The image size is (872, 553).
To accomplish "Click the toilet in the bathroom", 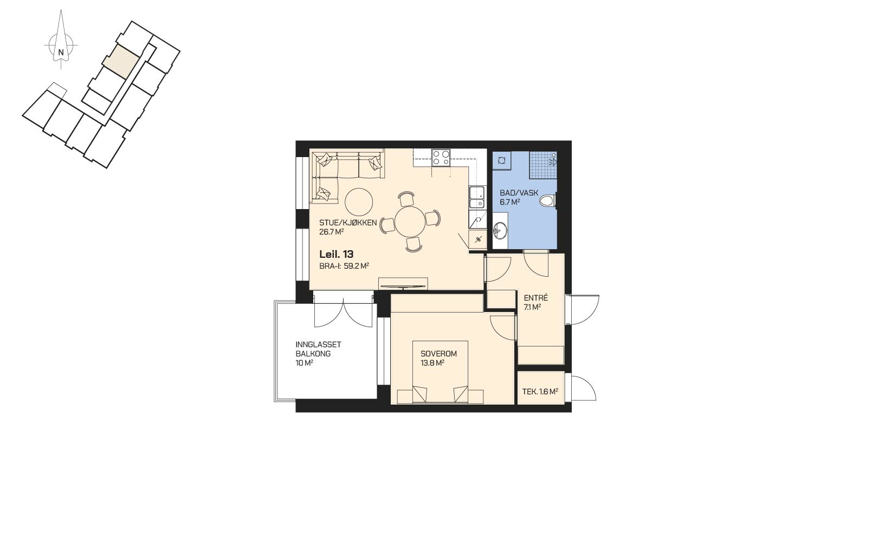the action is click(548, 201).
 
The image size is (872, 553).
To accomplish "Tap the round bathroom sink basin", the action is click(501, 230).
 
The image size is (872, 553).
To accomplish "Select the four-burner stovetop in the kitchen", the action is click(441, 158).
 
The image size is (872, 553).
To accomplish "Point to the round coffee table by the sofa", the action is click(359, 202).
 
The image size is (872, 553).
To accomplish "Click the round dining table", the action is click(410, 221).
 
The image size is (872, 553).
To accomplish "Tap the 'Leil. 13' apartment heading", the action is click(337, 254).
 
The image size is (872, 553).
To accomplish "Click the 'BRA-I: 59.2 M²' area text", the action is click(344, 266).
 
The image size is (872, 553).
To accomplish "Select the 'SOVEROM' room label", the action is click(439, 354).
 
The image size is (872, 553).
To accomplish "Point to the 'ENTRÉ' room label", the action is click(535, 298).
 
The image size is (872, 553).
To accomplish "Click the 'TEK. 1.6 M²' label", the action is click(540, 392).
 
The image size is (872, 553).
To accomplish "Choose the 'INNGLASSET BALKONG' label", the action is click(319, 349).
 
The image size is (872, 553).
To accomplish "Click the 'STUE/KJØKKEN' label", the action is click(348, 223).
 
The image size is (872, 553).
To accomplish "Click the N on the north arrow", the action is click(61, 52).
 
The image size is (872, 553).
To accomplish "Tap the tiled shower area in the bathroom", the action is click(543, 165).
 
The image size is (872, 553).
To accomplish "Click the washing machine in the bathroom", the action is click(501, 160).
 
